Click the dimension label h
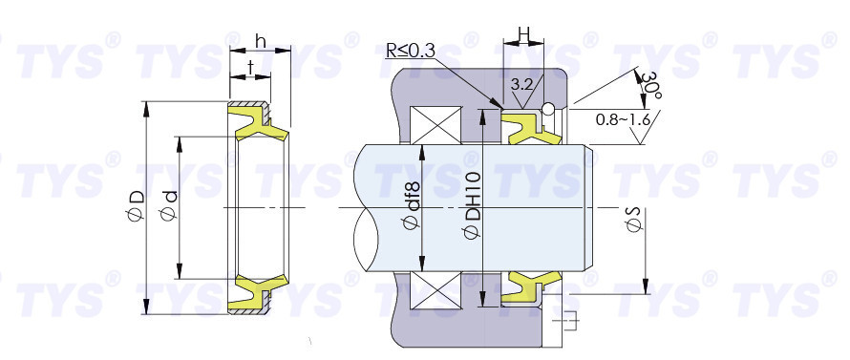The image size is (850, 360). click(260, 42)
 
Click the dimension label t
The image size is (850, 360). click(250, 67)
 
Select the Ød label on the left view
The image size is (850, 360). click(170, 205)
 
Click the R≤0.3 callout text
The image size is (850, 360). click(411, 51)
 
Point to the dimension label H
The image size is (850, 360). click(523, 34)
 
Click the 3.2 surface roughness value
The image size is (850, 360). click(521, 84)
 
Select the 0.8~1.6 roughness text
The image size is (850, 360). click(623, 119)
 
